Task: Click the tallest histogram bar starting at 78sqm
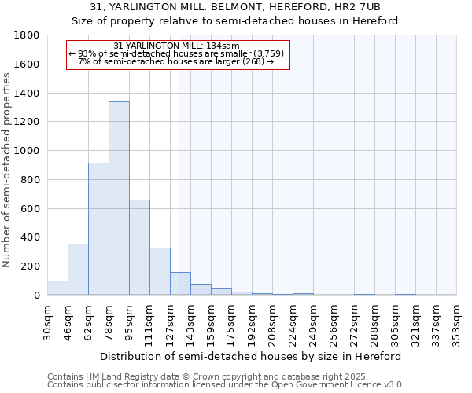pos(119,198)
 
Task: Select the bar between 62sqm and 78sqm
pos(98,229)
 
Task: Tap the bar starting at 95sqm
pos(139,247)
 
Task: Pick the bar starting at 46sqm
pos(78,269)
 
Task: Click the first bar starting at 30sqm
pos(57,288)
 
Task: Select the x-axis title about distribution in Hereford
pos(251,356)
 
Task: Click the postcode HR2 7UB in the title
pos(358,7)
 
